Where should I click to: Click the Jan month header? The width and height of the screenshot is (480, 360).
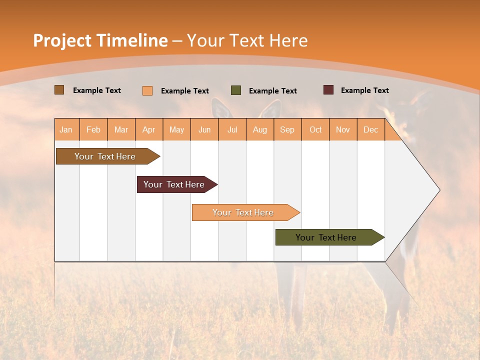(x=66, y=129)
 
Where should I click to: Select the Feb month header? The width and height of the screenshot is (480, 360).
(x=93, y=129)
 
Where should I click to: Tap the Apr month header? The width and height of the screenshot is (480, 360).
(x=149, y=129)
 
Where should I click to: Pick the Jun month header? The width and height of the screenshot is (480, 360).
(x=204, y=129)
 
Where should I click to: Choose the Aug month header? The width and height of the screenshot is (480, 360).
(x=260, y=129)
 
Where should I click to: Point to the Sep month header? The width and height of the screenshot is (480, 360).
(x=287, y=129)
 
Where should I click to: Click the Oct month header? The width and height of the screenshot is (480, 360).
(x=315, y=129)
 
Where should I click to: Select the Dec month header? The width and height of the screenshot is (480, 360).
(x=371, y=129)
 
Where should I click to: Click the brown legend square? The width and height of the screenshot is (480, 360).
(x=59, y=90)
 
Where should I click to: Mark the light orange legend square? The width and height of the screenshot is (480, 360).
(x=147, y=90)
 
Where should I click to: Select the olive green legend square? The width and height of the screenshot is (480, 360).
(x=236, y=90)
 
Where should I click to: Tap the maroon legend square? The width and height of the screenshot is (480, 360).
(x=328, y=90)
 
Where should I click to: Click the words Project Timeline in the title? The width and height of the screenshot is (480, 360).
(x=100, y=40)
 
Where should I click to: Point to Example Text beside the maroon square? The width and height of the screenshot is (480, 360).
(x=365, y=90)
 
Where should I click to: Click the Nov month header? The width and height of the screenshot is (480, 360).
(x=343, y=129)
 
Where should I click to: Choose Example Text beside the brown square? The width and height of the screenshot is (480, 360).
(x=97, y=90)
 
